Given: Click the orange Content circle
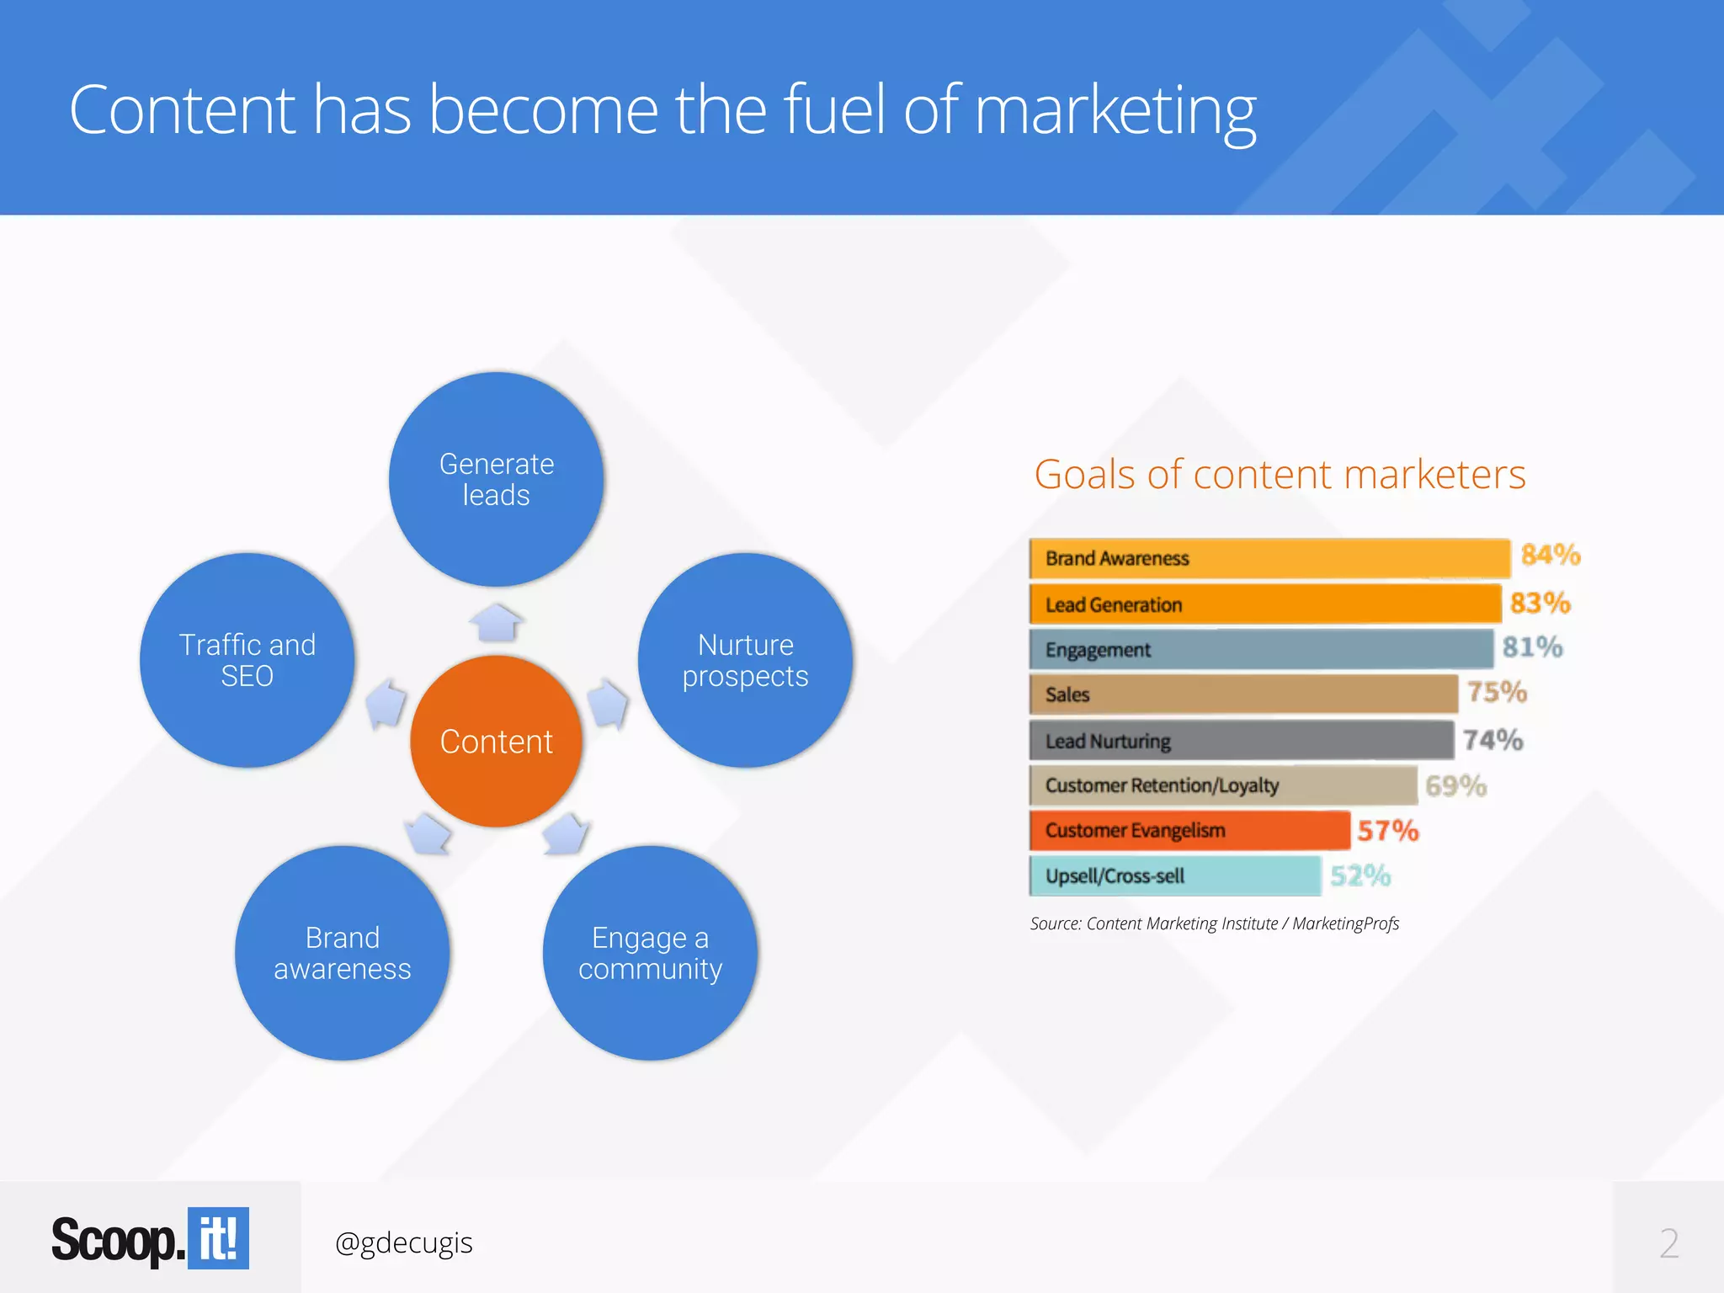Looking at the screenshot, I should click(496, 742).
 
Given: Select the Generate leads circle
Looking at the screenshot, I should click(496, 479).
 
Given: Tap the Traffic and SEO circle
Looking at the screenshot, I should click(247, 660).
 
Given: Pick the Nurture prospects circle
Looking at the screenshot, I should click(745, 660).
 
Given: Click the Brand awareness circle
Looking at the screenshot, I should click(342, 953).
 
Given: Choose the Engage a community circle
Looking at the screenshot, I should click(650, 953).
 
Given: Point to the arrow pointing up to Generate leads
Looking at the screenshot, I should click(496, 623).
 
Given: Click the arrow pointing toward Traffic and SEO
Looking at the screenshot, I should click(386, 702).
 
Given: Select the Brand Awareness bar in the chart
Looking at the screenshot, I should click(1269, 558).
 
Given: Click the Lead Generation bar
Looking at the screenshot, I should click(1264, 604).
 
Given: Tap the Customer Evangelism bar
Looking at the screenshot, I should click(1189, 830).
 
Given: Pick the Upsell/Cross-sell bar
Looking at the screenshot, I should click(1174, 875).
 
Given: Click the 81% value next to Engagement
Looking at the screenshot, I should click(1532, 647).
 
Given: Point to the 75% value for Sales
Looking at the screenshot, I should click(1497, 692).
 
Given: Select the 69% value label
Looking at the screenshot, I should click(1455, 786).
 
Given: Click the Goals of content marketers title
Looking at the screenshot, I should click(1280, 474).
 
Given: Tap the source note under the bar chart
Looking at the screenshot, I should click(1214, 923).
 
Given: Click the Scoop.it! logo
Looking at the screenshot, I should click(150, 1239).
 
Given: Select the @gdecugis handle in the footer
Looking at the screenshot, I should click(403, 1242).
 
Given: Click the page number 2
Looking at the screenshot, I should click(1668, 1243).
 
